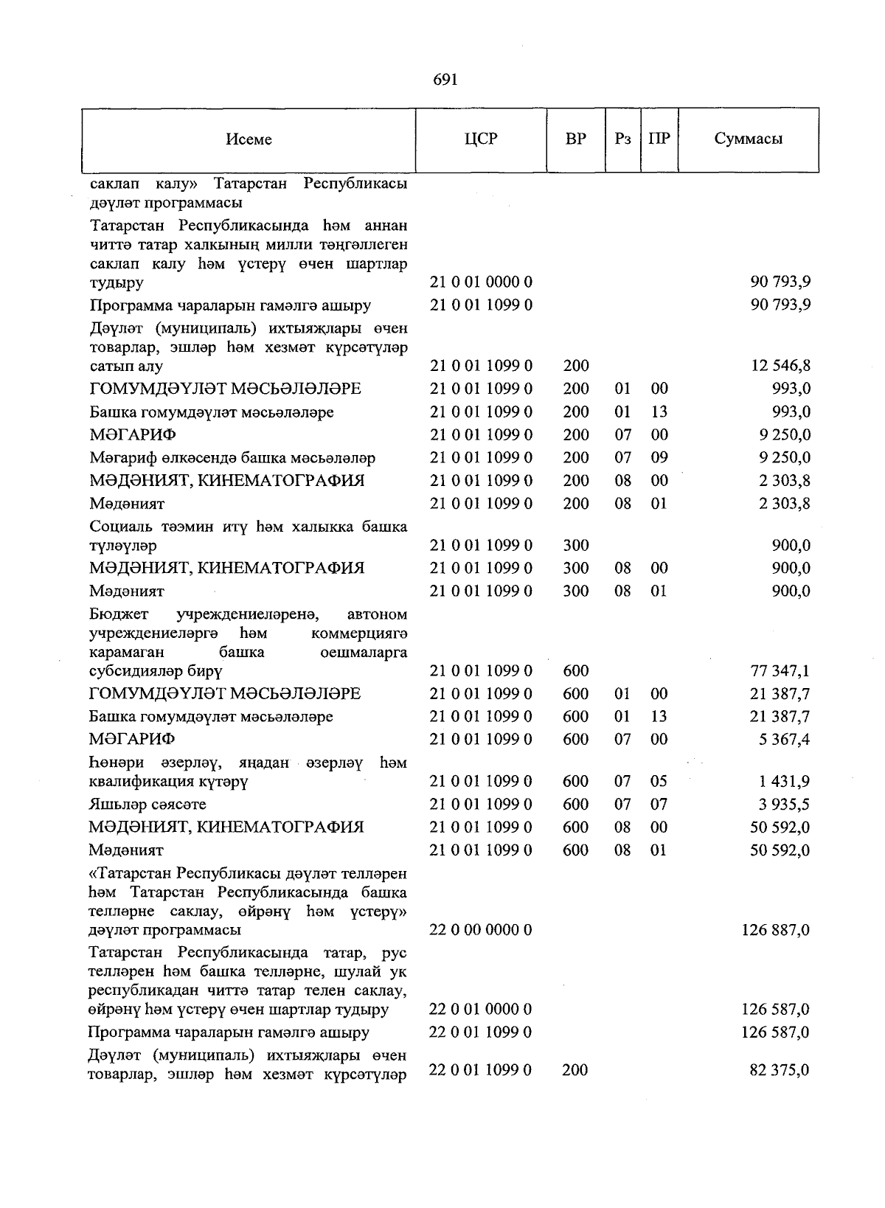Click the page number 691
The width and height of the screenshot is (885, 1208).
445,80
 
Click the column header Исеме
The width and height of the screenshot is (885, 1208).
249,139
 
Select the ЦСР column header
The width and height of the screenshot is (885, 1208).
481,139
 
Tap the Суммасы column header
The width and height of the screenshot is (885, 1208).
748,139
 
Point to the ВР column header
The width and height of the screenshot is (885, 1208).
575,139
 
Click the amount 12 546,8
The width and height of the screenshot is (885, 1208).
780,366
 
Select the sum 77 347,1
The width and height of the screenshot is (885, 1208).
780,670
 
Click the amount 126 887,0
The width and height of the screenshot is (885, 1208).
775,930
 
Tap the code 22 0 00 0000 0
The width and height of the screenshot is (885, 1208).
481,930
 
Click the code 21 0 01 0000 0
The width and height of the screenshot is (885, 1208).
481,282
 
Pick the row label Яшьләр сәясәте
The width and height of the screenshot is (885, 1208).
147,804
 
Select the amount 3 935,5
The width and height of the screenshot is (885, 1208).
786,804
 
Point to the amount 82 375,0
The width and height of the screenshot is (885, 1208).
780,1069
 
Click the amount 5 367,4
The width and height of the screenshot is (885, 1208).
786,739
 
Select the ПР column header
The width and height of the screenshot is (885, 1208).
659,139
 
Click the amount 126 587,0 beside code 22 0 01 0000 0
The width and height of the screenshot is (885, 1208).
775,1009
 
